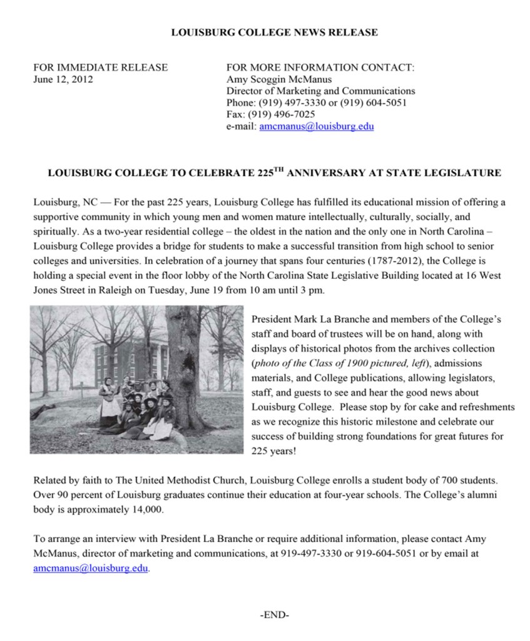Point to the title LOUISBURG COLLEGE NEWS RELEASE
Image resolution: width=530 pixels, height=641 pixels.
point(274,32)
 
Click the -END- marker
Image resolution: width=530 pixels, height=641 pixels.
point(274,615)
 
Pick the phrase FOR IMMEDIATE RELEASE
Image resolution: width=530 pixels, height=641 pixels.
point(100,67)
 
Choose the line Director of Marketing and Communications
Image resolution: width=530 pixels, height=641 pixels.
point(320,91)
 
